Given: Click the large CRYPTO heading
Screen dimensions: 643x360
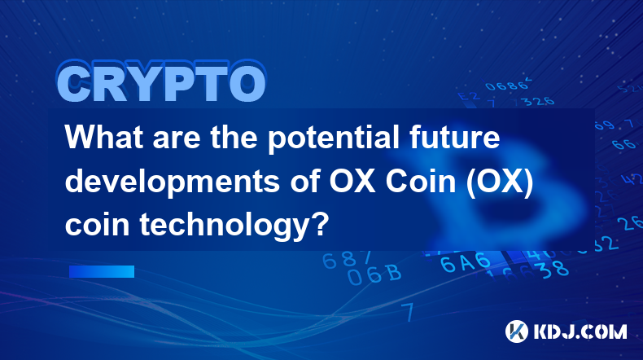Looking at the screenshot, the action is click(x=161, y=82).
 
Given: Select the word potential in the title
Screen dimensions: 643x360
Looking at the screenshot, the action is click(x=334, y=138).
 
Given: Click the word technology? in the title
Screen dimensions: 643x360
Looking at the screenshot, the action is click(x=234, y=226).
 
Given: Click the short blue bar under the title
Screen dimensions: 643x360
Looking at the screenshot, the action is click(x=102, y=271).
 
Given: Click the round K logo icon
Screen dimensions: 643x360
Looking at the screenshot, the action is click(x=516, y=331).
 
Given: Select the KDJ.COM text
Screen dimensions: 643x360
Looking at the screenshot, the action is click(x=580, y=331).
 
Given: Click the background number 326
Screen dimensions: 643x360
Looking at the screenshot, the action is click(x=539, y=101).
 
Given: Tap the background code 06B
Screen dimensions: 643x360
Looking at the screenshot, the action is click(x=374, y=274).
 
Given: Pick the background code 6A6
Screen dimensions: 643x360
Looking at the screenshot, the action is click(x=466, y=262).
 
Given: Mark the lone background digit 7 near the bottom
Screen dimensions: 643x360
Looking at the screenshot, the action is click(x=408, y=312).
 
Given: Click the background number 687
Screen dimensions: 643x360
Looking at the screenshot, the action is click(x=347, y=260).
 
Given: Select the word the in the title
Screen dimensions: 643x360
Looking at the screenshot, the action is click(x=234, y=137).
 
